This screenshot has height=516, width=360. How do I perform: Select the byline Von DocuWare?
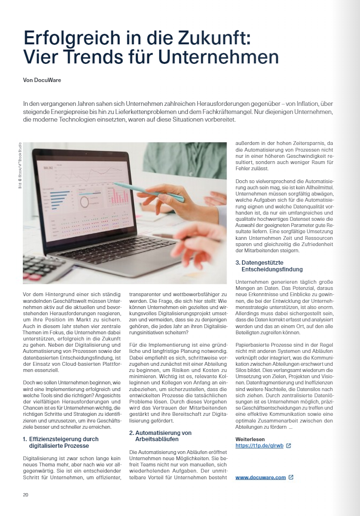tap(42, 80)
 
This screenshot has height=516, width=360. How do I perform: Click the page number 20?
tap(26, 495)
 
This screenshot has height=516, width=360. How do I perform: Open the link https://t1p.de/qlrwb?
tap(259, 445)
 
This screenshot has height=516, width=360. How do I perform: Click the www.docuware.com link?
tap(260, 477)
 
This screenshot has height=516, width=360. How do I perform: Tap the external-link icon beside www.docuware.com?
tap(291, 477)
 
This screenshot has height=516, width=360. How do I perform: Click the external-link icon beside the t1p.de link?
tap(288, 445)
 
